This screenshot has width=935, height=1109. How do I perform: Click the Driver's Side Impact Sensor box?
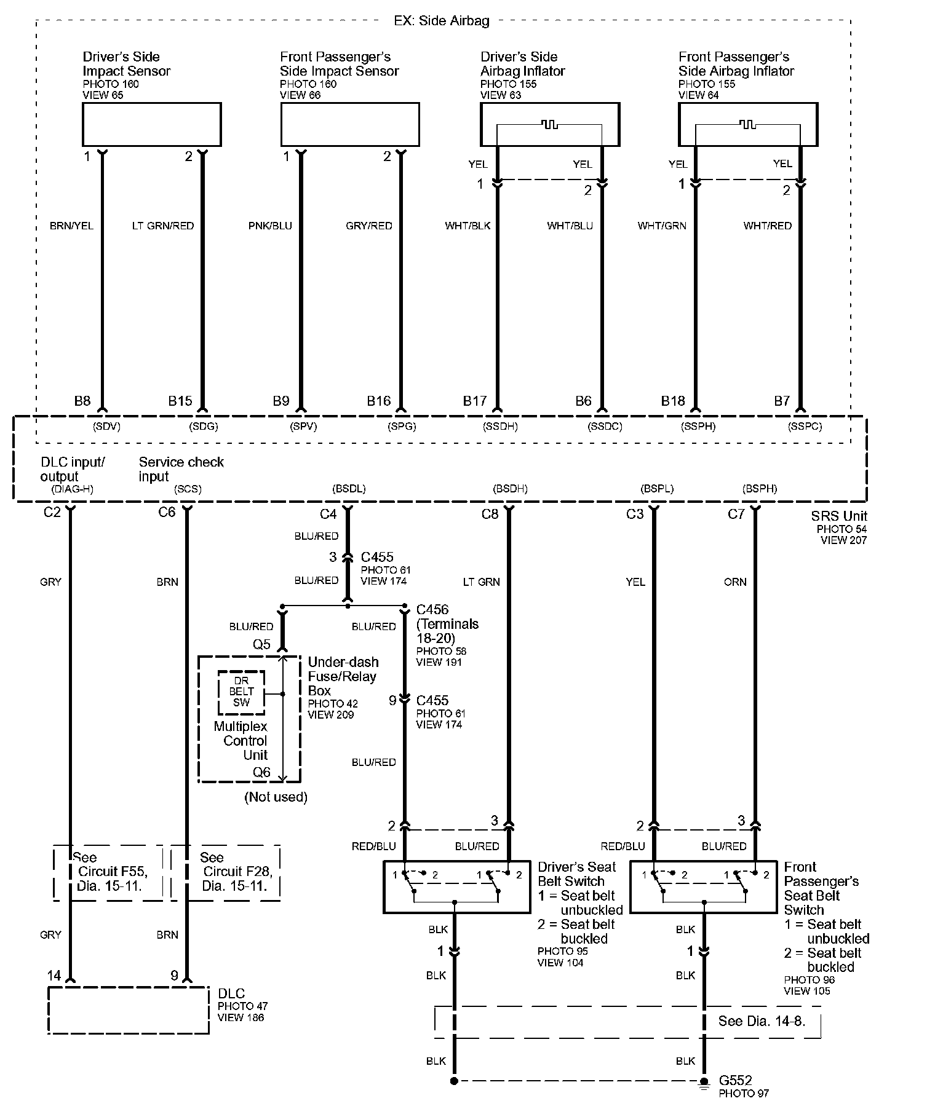tap(151, 124)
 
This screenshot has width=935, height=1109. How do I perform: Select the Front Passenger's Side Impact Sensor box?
tap(349, 124)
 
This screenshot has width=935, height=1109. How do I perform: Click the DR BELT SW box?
tap(241, 692)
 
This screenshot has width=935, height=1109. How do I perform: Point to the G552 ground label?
tap(735, 1080)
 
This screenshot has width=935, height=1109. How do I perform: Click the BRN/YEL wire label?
tap(71, 226)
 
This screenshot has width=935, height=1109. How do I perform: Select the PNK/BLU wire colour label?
tap(270, 226)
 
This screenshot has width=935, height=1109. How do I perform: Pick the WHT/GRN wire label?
tap(662, 226)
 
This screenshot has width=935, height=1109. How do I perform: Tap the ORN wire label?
tap(735, 582)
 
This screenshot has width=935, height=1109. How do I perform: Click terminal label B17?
tap(475, 401)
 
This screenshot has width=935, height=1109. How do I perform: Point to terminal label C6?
tap(167, 512)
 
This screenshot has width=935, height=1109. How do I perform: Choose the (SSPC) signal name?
tap(805, 426)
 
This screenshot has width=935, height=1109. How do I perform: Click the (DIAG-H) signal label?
tap(72, 489)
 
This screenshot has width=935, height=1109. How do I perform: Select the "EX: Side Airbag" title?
tap(441, 21)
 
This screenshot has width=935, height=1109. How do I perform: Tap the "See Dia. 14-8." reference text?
tap(762, 1021)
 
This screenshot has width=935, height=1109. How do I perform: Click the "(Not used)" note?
tap(276, 797)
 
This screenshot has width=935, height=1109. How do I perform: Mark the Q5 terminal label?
tap(261, 644)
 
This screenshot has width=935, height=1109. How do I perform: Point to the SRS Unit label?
tap(839, 516)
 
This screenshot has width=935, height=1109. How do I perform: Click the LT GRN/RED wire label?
tap(163, 226)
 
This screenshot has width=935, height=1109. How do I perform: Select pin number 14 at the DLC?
tap(54, 975)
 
